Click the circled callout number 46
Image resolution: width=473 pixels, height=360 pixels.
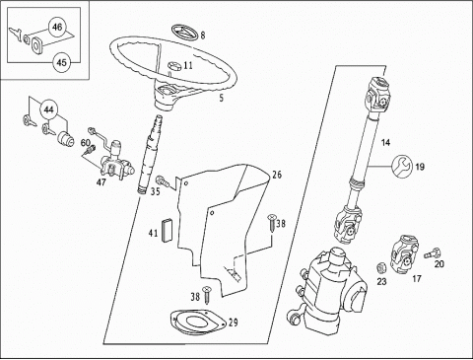[x=57, y=27]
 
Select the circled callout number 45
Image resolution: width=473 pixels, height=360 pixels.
[x=62, y=62]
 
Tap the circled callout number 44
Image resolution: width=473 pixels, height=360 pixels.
[x=48, y=109]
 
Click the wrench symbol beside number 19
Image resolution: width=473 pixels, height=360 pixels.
[x=401, y=167]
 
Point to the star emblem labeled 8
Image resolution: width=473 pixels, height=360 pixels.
[x=184, y=33]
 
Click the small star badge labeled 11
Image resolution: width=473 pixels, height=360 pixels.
[x=174, y=65]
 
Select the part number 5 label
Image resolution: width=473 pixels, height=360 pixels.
[x=222, y=98]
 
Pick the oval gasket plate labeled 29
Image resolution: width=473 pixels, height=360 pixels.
[x=198, y=322]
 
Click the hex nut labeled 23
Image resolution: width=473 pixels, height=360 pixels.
[x=381, y=268]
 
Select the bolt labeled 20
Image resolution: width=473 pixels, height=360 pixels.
[x=432, y=253]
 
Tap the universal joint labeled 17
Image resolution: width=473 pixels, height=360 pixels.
[x=404, y=253]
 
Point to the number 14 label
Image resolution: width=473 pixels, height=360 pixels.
[x=385, y=142]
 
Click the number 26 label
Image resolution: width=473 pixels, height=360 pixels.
[x=277, y=175]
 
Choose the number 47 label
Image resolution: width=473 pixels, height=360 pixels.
[x=101, y=181]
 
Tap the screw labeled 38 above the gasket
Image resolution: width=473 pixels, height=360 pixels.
[x=206, y=295]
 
